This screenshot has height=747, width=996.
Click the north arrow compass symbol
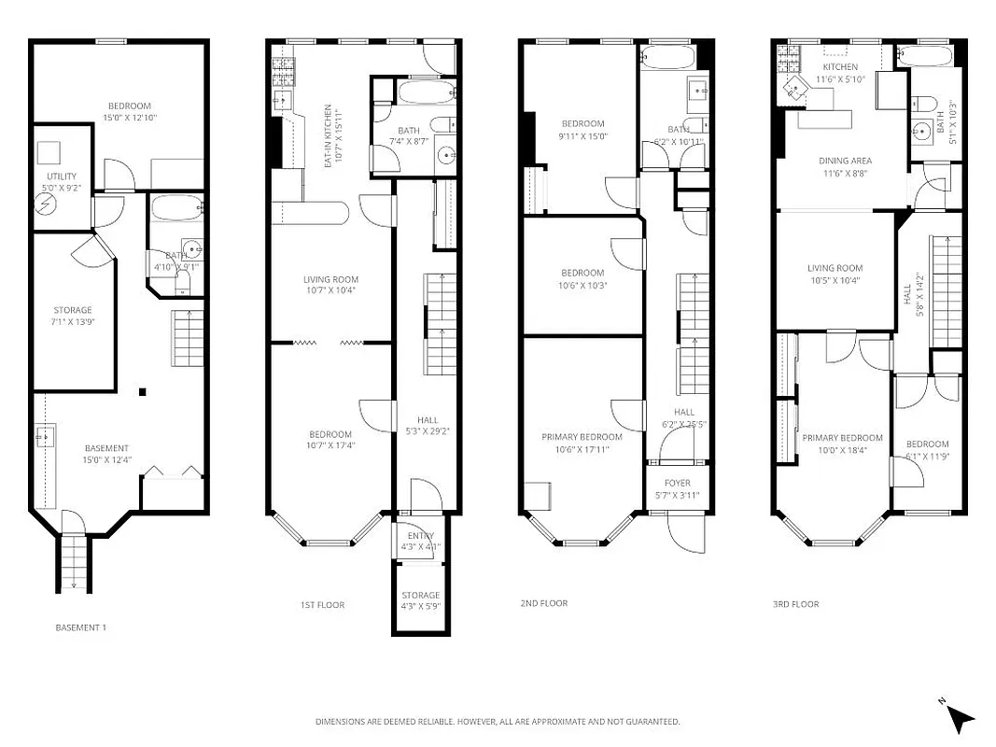click(x=961, y=717)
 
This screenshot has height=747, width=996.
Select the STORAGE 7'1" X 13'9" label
click(x=72, y=316)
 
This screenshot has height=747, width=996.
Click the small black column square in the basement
click(x=143, y=392)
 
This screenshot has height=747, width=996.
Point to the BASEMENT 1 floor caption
click(x=81, y=627)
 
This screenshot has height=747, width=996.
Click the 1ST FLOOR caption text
click(x=322, y=605)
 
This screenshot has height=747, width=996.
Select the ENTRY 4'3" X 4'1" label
click(x=421, y=541)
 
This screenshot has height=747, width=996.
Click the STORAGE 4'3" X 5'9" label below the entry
click(x=420, y=600)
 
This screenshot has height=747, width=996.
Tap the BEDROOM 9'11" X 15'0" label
click(x=582, y=129)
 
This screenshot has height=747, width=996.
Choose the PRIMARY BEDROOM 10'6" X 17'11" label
click(x=582, y=443)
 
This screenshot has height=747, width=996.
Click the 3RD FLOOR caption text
click(x=795, y=605)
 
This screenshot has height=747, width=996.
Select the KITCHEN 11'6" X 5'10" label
click(x=839, y=73)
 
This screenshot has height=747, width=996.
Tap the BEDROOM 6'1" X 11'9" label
click(x=927, y=449)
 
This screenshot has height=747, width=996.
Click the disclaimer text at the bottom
click(x=497, y=722)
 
